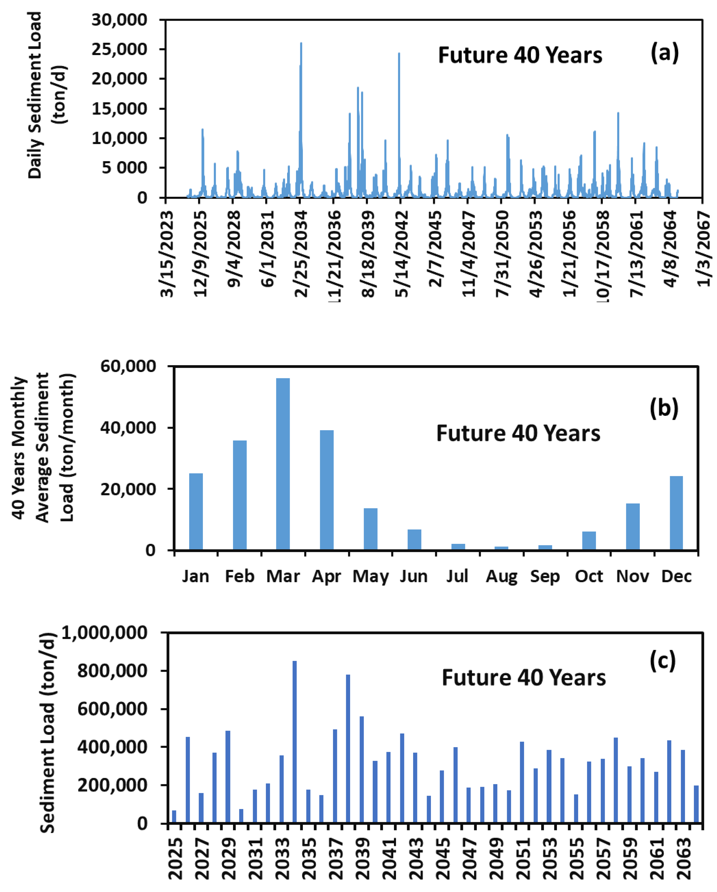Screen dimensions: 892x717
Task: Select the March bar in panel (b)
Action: [x=283, y=463]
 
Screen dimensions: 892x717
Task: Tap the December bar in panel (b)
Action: [x=676, y=513]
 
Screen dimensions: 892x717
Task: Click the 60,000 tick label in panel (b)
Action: [x=128, y=366]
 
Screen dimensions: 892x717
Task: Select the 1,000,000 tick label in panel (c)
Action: [x=105, y=633]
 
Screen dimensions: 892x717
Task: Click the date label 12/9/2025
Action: [x=200, y=253]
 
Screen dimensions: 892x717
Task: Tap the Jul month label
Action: [x=457, y=576]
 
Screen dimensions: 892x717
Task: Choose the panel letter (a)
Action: [x=665, y=53]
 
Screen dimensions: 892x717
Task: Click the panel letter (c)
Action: [x=662, y=661]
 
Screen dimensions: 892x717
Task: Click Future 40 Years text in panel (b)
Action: [x=518, y=434]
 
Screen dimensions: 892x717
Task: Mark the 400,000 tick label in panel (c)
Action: [x=112, y=747]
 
